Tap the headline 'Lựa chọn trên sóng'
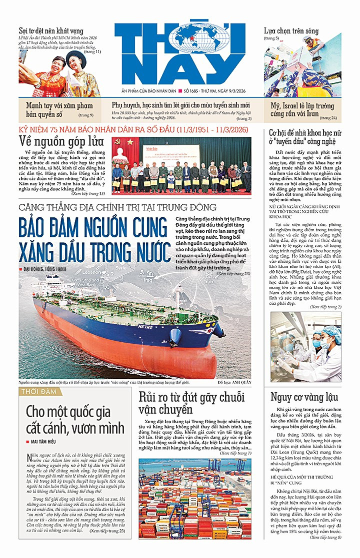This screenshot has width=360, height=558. [291, 31]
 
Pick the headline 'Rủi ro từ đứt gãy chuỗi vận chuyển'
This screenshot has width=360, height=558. [191, 403]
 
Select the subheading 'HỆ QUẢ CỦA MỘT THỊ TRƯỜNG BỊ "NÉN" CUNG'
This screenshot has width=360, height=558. [302, 478]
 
